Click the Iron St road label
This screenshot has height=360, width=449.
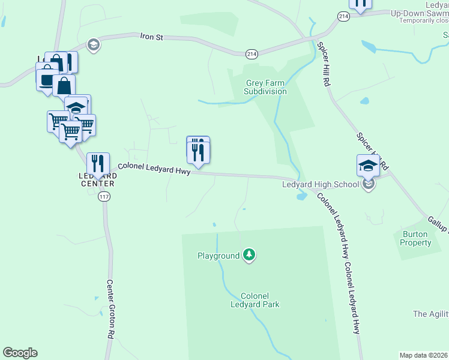coord(152,37)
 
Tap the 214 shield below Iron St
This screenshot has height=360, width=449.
coord(252,55)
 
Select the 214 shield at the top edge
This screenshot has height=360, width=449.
coord(343,17)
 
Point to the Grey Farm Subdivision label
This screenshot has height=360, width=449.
coord(265,87)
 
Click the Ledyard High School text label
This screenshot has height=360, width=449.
coord(321,184)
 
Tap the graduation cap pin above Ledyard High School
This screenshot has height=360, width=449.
coord(368,166)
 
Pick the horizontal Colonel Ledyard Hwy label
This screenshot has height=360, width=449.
coord(154,169)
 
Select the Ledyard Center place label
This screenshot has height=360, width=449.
coord(97,179)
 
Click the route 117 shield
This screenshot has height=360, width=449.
coord(104,197)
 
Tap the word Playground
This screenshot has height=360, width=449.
coord(218,256)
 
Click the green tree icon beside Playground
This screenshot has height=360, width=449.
coord(249,256)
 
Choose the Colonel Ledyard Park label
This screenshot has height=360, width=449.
coord(259,300)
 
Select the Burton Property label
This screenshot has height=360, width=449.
coord(415,238)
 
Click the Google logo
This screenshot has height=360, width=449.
coord(20,353)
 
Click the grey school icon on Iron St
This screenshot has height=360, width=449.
coord(93,45)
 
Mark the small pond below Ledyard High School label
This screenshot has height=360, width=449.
coord(302,196)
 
